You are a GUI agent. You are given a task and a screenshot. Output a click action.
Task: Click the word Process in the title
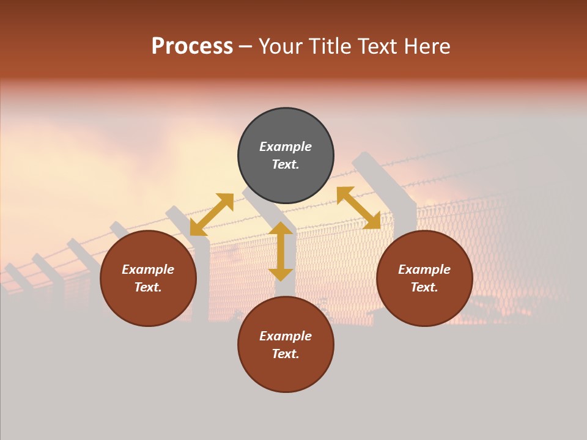192,46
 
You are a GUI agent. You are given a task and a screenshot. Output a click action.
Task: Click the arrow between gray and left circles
212,215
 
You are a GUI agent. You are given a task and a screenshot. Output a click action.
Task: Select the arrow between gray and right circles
358,208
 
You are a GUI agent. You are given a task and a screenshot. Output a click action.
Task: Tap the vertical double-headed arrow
281,251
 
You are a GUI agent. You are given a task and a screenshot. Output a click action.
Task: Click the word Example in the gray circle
286,147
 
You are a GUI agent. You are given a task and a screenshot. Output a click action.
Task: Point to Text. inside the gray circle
286,164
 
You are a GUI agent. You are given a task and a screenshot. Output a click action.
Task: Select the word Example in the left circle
148,269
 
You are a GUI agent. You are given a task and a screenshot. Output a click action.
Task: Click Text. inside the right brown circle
424,287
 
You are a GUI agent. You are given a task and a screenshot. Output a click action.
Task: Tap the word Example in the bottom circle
286,336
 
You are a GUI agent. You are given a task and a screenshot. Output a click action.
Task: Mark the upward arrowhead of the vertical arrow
281,228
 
